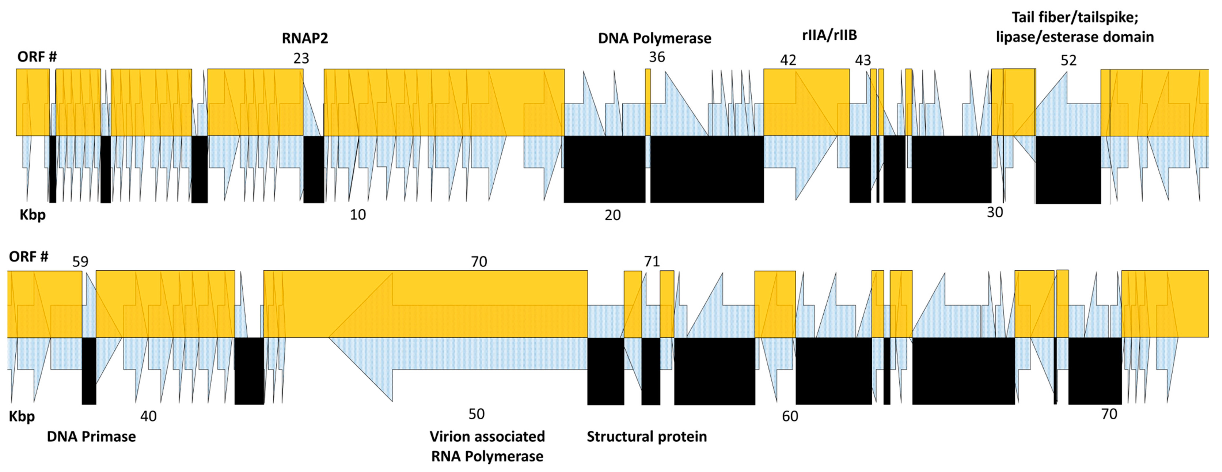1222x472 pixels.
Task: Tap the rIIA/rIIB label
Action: (829, 35)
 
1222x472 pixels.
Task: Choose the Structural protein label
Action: (647, 436)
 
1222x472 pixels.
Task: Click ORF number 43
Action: (863, 60)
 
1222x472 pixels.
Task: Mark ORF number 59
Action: (80, 261)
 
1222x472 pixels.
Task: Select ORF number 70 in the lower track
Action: (479, 261)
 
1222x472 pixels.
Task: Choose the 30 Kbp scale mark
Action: (995, 212)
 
